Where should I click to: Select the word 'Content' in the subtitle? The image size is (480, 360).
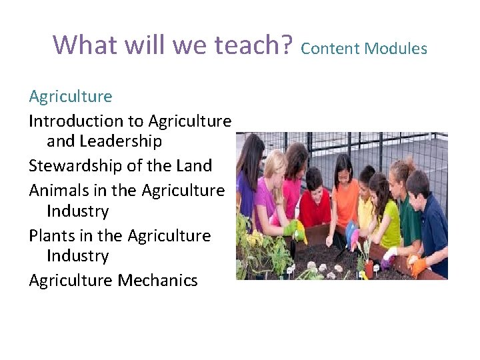click(330, 48)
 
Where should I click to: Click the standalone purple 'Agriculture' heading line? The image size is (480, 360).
click(71, 97)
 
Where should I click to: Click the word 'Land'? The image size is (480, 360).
click(195, 165)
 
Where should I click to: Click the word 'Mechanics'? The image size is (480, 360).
click(158, 281)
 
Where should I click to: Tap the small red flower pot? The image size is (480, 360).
click(369, 267)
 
